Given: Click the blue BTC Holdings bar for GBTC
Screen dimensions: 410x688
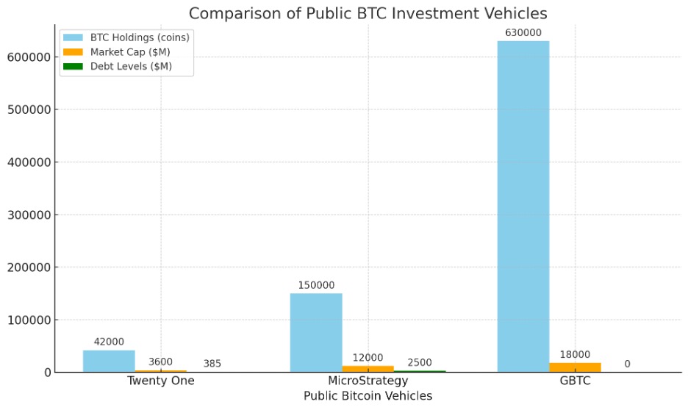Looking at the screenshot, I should click(x=523, y=206).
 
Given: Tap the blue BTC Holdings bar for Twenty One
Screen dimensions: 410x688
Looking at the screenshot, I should click(x=109, y=361).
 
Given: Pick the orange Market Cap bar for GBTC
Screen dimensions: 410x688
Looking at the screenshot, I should click(x=575, y=367).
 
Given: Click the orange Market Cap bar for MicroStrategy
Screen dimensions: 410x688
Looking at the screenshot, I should click(x=368, y=369).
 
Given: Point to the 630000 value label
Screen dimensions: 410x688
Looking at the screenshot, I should click(x=523, y=33).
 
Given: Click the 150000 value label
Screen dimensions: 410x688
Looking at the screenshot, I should click(x=316, y=285).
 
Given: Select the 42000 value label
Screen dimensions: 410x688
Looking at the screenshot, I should click(x=109, y=342).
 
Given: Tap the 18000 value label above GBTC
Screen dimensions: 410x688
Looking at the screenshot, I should click(x=574, y=354).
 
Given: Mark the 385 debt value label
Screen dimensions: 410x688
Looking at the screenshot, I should click(x=212, y=364).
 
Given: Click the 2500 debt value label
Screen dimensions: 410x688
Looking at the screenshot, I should click(x=419, y=362).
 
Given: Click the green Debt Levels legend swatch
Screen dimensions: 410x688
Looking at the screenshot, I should click(x=74, y=66).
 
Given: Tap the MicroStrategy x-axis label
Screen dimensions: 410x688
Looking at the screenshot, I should click(x=368, y=381).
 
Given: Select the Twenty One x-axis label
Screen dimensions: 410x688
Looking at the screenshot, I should click(x=161, y=381).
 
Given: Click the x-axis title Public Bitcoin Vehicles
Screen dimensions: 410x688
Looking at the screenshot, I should click(x=368, y=396).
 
